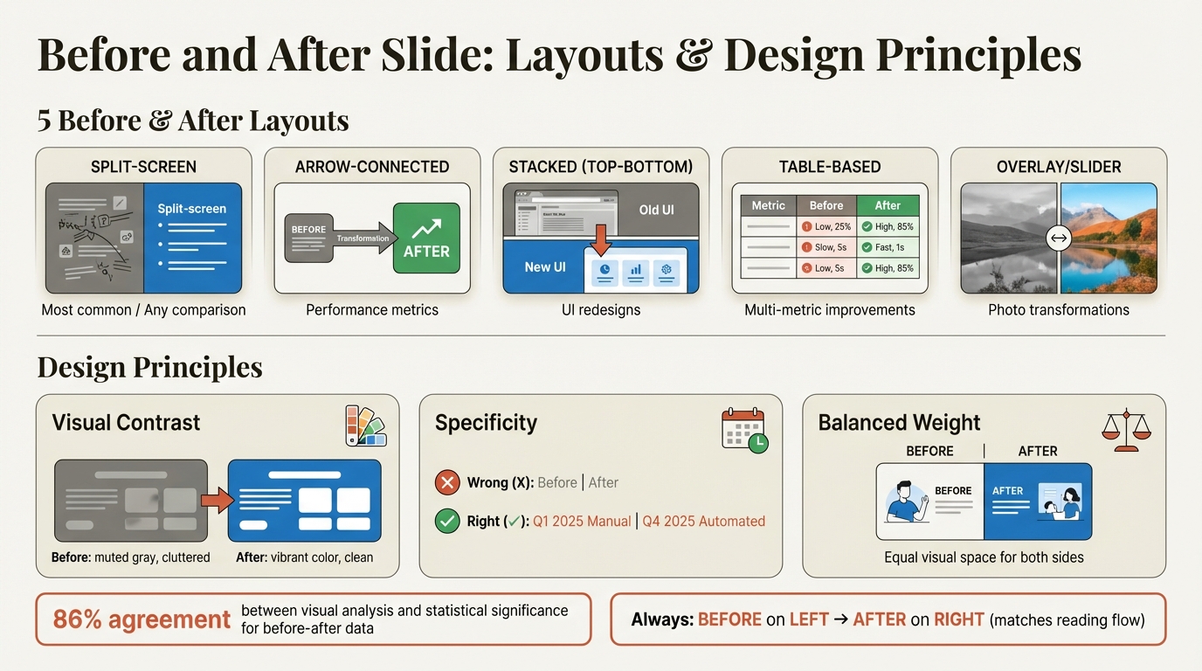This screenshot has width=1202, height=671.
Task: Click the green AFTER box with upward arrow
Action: coord(426,238)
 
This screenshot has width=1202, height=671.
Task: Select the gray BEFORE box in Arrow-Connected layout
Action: coord(309,238)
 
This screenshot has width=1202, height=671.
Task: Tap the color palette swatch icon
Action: coord(365,425)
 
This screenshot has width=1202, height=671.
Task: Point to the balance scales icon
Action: coord(1126,429)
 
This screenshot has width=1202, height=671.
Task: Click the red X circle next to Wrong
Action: coord(447,482)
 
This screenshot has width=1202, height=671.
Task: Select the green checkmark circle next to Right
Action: coord(447,522)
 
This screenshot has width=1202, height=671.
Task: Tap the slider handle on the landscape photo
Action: coord(1059,238)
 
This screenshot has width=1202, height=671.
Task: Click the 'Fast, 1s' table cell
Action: coord(887,247)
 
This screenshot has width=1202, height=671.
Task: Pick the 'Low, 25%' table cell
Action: coord(826,226)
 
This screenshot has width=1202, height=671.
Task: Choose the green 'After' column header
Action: coord(887,205)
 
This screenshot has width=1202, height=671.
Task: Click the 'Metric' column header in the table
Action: coord(769,205)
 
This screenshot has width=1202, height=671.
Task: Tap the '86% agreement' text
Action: coord(142,619)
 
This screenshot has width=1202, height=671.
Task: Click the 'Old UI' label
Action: coord(655,210)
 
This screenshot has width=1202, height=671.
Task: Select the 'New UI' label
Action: coord(545,266)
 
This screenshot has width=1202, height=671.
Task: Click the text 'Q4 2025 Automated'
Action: coord(703,522)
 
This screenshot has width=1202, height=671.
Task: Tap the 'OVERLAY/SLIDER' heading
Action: coord(1059,167)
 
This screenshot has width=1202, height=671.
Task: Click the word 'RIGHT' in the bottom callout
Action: coord(958,619)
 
